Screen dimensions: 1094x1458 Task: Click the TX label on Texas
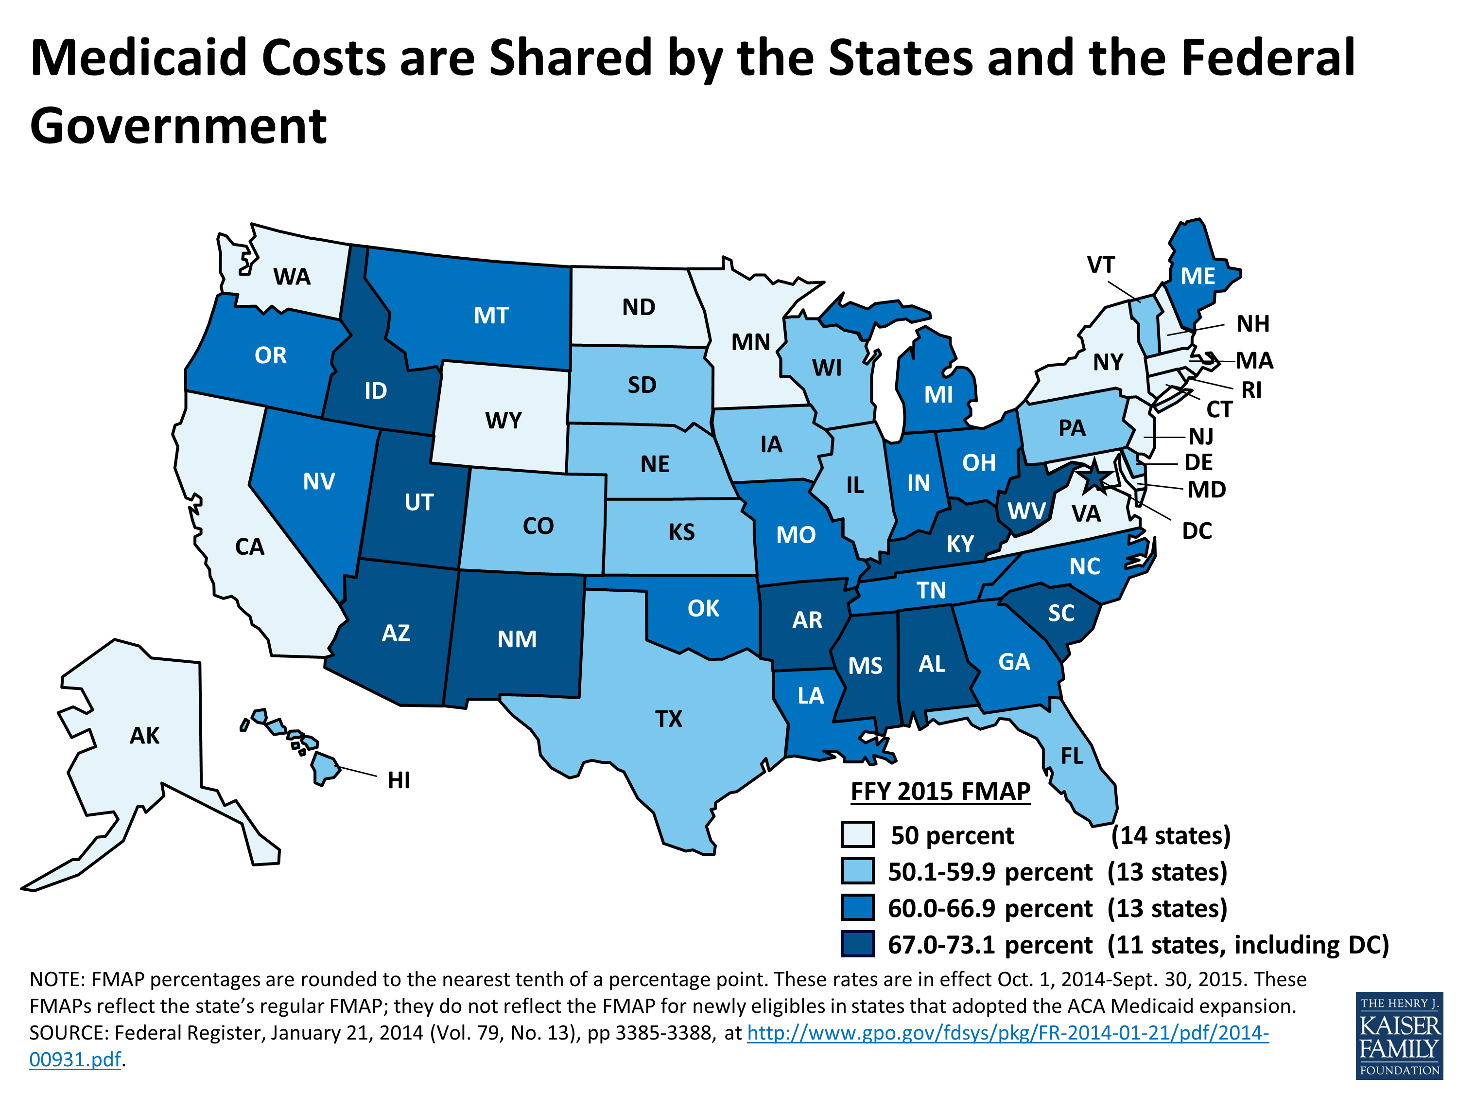click(668, 719)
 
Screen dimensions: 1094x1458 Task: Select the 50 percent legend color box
click(857, 834)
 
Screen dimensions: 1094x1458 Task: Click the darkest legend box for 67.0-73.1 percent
click(857, 944)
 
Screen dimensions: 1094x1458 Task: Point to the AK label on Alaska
click(144, 735)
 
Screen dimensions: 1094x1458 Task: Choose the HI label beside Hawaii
click(399, 780)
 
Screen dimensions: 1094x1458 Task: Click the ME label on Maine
click(1198, 276)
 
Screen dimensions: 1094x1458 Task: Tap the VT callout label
click(1101, 265)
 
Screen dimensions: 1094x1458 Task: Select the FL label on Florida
click(1072, 756)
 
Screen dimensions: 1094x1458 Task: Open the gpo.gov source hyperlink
click(1007, 1032)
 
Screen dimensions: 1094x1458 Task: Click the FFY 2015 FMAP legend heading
click(940, 791)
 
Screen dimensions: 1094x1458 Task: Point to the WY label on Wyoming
click(503, 420)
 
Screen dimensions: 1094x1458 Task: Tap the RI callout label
click(1251, 390)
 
